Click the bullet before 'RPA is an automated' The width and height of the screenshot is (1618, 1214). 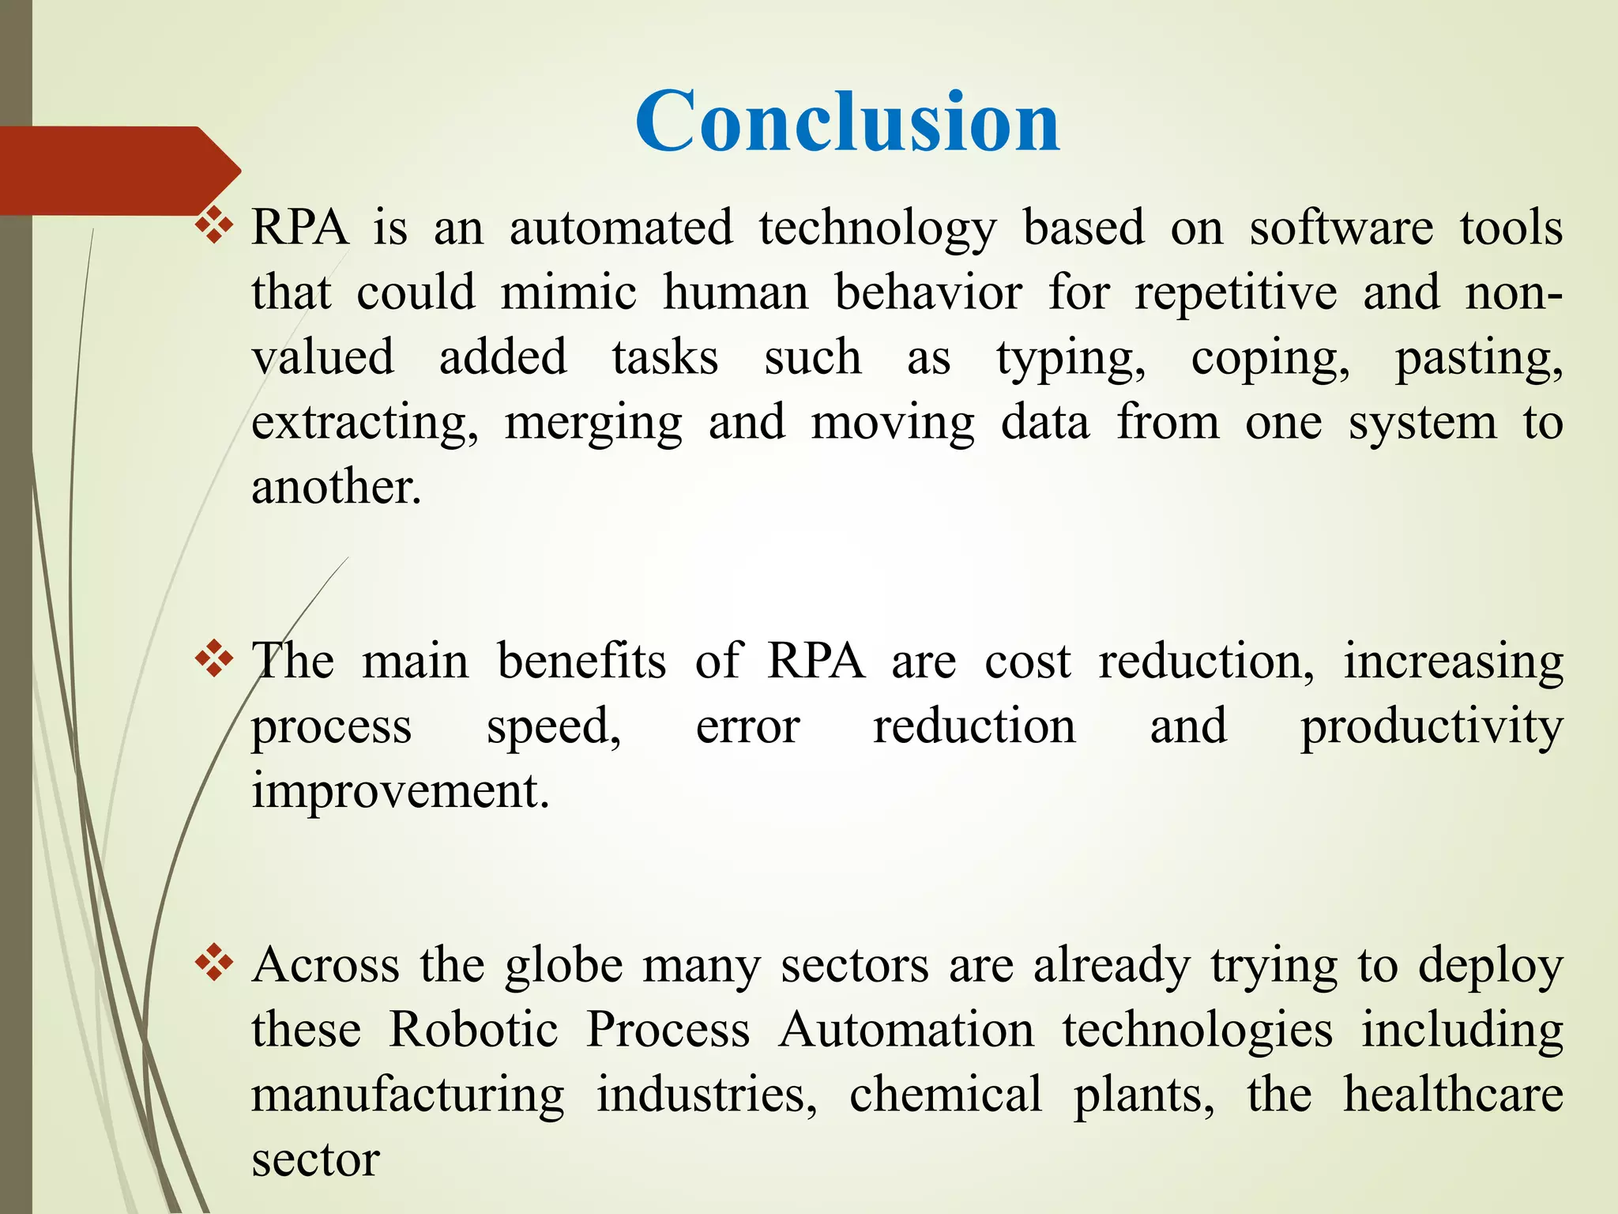click(x=214, y=228)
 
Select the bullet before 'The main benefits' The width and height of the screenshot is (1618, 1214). click(x=214, y=661)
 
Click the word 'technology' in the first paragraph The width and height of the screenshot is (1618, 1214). click(x=877, y=230)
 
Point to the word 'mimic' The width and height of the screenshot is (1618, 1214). click(x=568, y=293)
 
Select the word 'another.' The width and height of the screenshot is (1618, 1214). click(x=337, y=488)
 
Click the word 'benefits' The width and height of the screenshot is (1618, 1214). click(x=581, y=662)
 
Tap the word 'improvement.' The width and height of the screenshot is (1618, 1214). click(x=400, y=791)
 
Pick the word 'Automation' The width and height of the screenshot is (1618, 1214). click(x=906, y=1031)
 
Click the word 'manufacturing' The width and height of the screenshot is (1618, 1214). click(x=408, y=1095)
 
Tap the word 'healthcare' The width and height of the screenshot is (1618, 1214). click(x=1453, y=1095)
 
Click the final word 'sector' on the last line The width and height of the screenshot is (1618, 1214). click(x=315, y=1161)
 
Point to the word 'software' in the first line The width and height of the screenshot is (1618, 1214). click(x=1341, y=230)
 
